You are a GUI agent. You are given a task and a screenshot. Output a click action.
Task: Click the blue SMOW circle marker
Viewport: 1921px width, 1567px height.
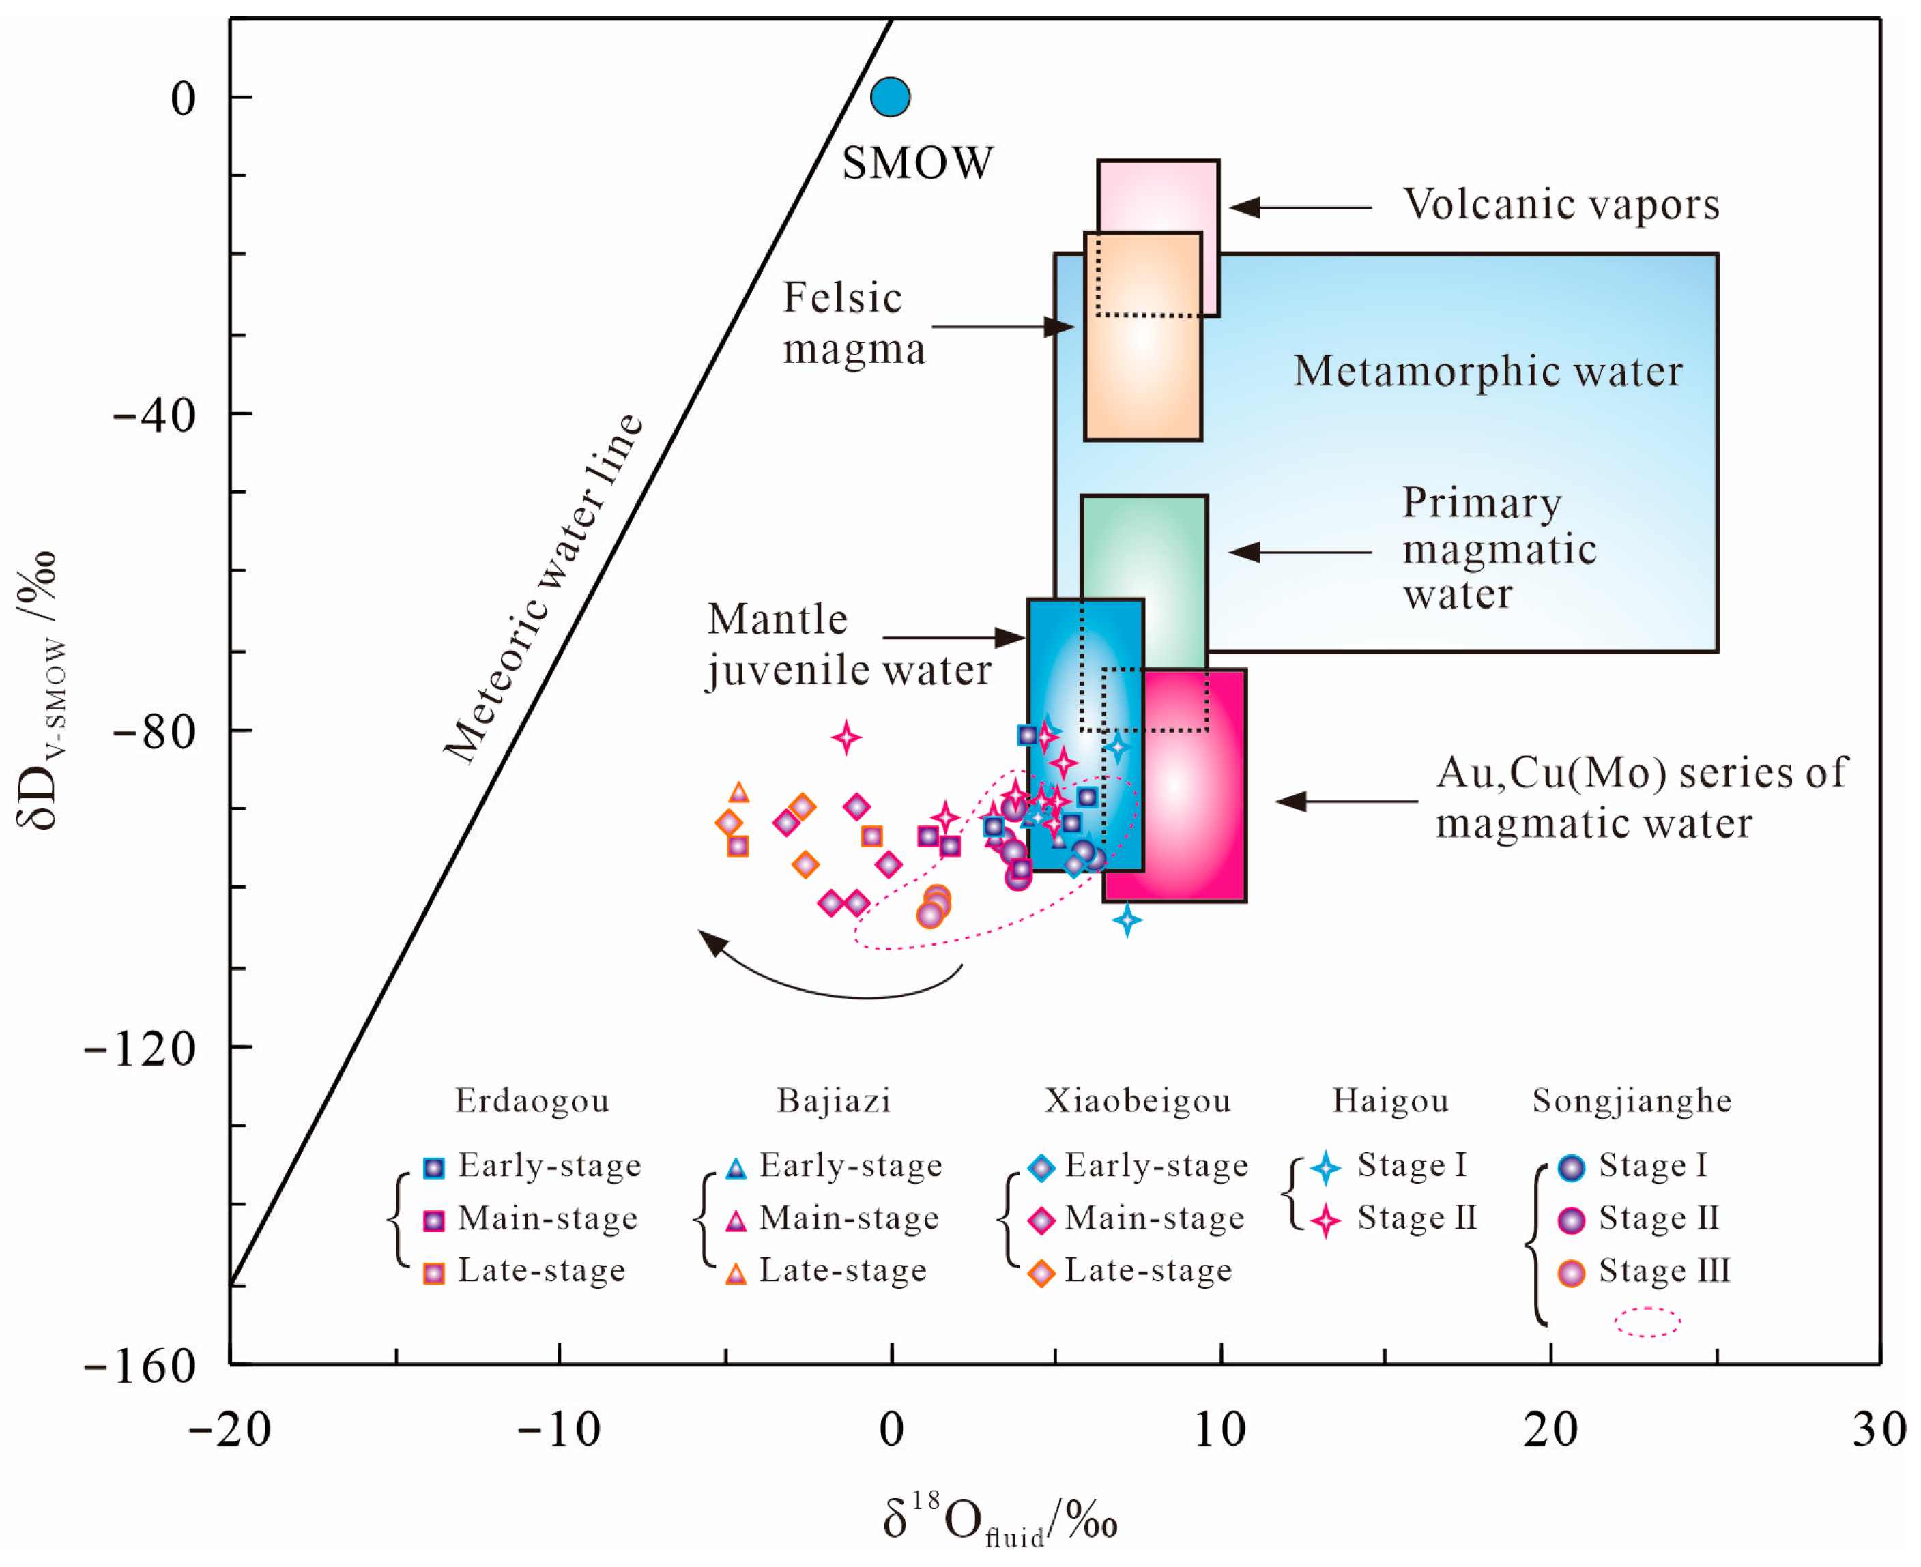point(890,97)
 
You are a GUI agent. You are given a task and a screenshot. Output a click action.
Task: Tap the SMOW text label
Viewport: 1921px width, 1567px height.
point(917,163)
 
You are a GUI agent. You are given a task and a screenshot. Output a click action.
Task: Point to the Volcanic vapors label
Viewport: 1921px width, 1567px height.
point(1561,205)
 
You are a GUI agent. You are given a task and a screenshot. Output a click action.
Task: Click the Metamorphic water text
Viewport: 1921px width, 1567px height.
point(1488,372)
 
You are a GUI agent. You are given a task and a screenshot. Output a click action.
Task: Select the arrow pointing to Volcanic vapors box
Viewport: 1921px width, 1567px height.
point(1300,207)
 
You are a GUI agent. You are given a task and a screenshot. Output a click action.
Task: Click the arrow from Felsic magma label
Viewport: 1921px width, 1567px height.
point(1002,327)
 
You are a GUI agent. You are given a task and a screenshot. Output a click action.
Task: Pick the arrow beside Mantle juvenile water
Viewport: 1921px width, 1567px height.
point(953,638)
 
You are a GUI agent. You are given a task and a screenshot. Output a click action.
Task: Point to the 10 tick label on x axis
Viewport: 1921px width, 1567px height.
point(1219,1430)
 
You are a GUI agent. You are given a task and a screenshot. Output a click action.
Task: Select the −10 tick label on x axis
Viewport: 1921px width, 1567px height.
point(559,1430)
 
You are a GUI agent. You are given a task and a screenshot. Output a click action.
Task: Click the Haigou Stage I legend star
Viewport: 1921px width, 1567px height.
point(1325,1168)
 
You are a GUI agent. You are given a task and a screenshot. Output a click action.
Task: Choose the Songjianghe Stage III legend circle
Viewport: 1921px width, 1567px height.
point(1572,1274)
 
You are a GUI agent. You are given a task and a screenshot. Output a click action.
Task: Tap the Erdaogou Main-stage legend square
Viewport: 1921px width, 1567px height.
point(434,1221)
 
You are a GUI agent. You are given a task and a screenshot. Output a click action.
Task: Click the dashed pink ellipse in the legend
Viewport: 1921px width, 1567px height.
point(1647,1322)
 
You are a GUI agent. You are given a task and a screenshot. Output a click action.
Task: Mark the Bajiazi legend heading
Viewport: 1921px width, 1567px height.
point(833,1101)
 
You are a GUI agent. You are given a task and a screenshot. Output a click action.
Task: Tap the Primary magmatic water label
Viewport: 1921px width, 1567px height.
point(1499,548)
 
